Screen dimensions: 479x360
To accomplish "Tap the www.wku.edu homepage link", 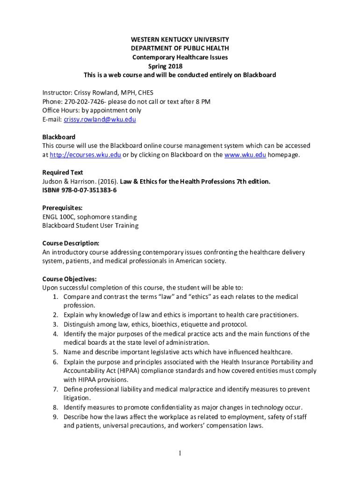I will point(245,155).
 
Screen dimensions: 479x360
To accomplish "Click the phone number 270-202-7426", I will point(83,102).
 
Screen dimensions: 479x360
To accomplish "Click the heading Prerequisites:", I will point(63,208).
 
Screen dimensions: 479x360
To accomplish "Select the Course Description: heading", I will point(71,243).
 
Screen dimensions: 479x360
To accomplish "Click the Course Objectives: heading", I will point(69,279).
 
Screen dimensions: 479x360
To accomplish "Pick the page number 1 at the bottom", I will point(180,453).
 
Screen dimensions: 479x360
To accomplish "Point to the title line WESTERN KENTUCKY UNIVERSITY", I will point(180,39).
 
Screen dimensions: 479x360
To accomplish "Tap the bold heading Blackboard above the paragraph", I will point(59,137).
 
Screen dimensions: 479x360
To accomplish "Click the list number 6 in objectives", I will point(55,362).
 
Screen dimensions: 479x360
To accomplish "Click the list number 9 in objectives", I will point(55,416).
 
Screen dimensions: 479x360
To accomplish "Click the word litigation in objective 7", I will point(77,398).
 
